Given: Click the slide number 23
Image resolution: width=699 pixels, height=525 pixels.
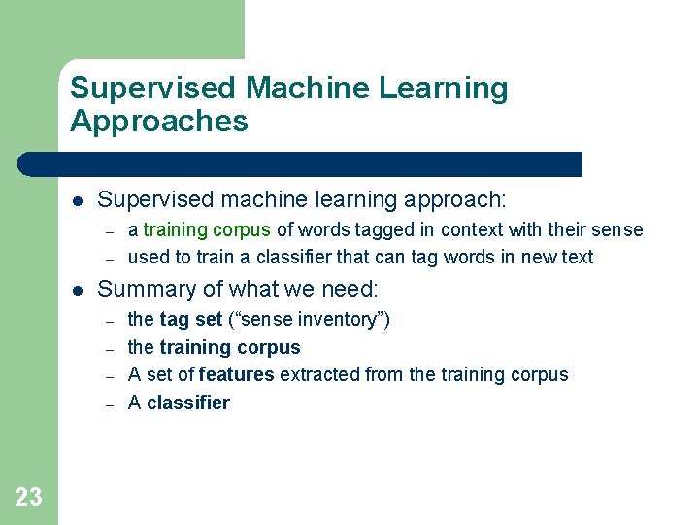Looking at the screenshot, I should [28, 498].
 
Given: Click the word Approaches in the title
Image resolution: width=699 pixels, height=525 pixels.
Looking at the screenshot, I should [159, 122].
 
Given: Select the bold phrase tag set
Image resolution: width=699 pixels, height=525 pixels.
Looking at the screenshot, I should [190, 319].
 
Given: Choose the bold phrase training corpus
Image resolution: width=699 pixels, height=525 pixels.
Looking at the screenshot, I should [230, 347].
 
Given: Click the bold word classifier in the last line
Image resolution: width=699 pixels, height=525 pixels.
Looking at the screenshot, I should [188, 402].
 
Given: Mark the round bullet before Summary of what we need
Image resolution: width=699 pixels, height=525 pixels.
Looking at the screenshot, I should [77, 290].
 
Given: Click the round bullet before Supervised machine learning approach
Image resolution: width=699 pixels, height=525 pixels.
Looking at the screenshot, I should [77, 200].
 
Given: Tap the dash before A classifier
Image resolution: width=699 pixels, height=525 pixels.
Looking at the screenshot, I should [110, 403].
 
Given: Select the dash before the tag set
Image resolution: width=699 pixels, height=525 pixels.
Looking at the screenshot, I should [110, 320].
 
